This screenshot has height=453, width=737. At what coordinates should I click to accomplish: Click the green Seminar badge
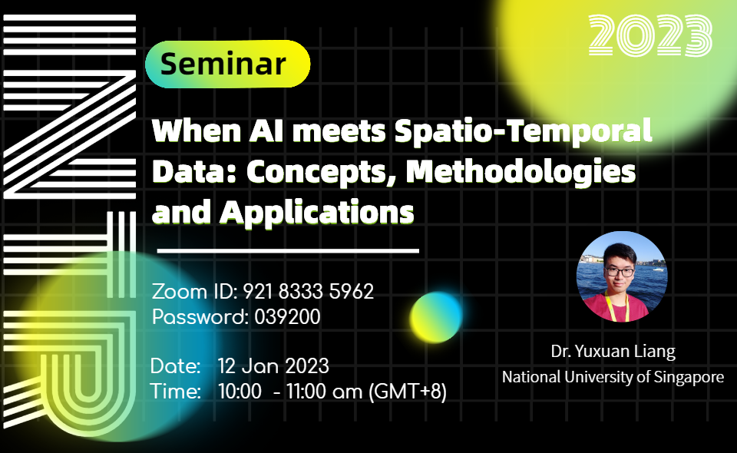227,64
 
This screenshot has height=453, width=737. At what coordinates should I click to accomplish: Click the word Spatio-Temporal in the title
523,131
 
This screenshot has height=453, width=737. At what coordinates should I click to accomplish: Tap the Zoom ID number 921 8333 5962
309,292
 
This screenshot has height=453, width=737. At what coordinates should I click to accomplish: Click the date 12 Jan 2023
273,365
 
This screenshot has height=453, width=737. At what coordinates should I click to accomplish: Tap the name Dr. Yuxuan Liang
613,352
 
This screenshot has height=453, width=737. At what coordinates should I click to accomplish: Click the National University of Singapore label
613,377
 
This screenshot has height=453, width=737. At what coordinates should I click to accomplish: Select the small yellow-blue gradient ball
437,317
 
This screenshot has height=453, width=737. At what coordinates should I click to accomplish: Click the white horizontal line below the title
288,250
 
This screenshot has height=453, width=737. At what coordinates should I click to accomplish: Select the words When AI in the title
200,131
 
